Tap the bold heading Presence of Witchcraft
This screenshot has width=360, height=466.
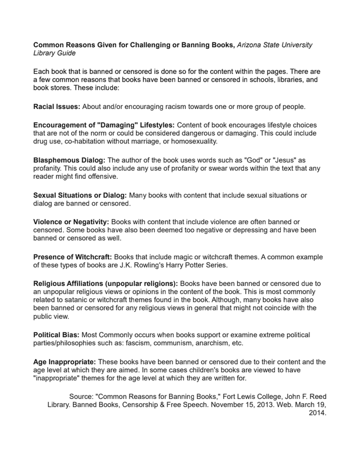pyautogui.click(x=72, y=257)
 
